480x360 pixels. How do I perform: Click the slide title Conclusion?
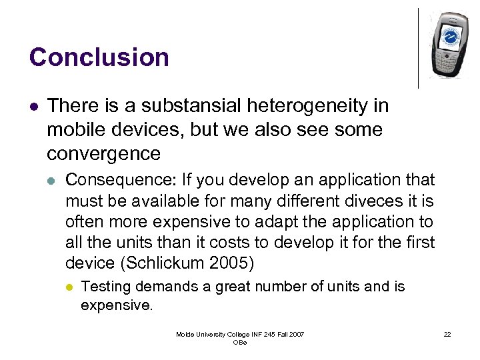point(99,57)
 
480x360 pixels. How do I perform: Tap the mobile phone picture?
point(448,45)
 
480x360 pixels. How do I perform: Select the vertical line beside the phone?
point(419,48)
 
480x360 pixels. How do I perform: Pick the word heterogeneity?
point(315,105)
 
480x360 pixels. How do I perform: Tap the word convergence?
point(103,153)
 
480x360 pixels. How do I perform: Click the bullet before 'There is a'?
point(33,106)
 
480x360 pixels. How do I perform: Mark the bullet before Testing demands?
point(67,287)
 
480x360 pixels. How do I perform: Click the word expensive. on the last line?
point(117,305)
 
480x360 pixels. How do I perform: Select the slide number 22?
point(447,334)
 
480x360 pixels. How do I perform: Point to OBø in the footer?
point(240,343)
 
